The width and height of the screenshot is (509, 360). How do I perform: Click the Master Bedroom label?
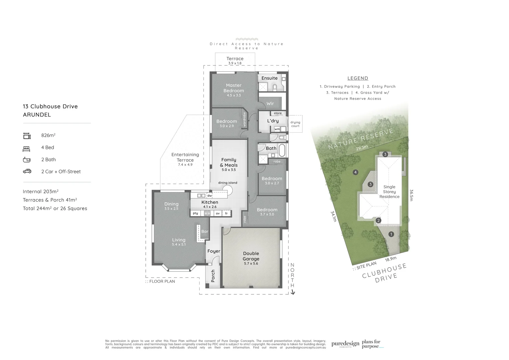234,88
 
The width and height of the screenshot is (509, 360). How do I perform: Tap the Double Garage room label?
251,256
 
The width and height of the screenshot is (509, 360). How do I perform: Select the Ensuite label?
269,78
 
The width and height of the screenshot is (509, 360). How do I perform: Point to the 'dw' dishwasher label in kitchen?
210,196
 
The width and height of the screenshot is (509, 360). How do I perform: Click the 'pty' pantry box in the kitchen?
195,213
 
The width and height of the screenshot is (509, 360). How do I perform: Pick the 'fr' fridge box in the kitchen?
227,213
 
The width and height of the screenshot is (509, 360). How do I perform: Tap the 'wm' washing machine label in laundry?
277,129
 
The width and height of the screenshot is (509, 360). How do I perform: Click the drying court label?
295,124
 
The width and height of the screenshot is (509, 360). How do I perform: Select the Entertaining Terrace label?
185,157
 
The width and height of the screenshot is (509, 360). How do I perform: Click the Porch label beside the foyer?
213,276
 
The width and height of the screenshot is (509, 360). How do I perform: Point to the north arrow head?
293,293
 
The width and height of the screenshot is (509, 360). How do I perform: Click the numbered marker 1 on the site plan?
391,234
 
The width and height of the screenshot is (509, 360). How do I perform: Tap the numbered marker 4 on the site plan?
356,172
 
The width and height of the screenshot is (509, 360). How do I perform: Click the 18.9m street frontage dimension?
391,259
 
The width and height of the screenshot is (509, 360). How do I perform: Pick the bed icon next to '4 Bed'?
27,148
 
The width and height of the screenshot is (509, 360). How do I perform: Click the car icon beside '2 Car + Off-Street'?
27,171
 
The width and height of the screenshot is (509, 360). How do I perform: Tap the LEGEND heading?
358,78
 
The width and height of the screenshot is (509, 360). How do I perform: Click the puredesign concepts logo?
345,344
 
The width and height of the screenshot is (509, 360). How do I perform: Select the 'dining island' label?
228,183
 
